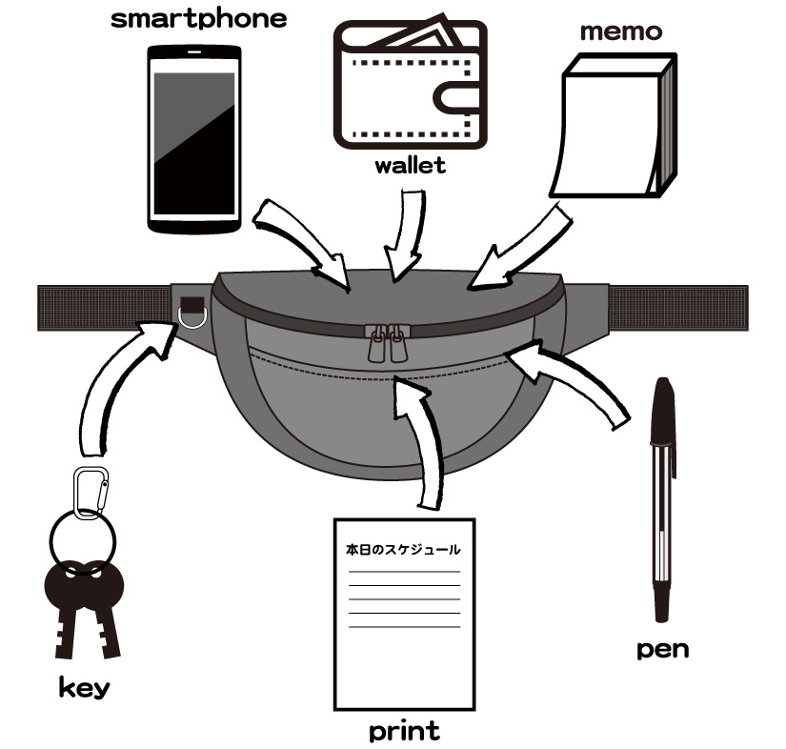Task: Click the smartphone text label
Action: pyautogui.click(x=198, y=19)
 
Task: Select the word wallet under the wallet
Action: pyautogui.click(x=410, y=166)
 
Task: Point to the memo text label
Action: pyautogui.click(x=621, y=30)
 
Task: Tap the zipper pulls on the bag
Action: pyautogui.click(x=386, y=344)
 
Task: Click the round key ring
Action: pyautogui.click(x=84, y=539)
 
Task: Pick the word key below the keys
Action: pyautogui.click(x=83, y=686)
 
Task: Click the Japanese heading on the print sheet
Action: pyautogui.click(x=403, y=550)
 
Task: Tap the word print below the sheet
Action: pyautogui.click(x=404, y=731)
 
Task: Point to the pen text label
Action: pyautogui.click(x=662, y=650)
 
